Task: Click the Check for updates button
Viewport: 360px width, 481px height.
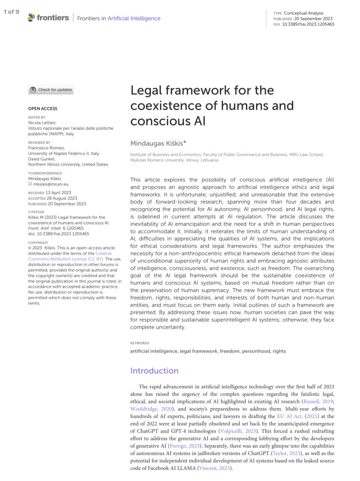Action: (x=51, y=90)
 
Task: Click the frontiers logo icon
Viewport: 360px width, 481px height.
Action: (x=32, y=18)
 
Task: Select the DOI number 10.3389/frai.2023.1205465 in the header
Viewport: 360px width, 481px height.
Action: (x=308, y=24)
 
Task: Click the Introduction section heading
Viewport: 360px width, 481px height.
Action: (x=154, y=371)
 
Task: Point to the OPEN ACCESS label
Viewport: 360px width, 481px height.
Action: (x=43, y=109)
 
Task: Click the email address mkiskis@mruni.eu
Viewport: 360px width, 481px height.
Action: (x=50, y=184)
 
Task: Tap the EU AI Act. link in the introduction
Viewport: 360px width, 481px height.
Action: (x=286, y=417)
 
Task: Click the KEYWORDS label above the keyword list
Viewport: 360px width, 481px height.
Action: (x=140, y=343)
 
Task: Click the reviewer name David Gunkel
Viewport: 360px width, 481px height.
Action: (x=43, y=159)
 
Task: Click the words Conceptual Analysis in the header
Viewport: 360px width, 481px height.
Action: (x=304, y=13)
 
